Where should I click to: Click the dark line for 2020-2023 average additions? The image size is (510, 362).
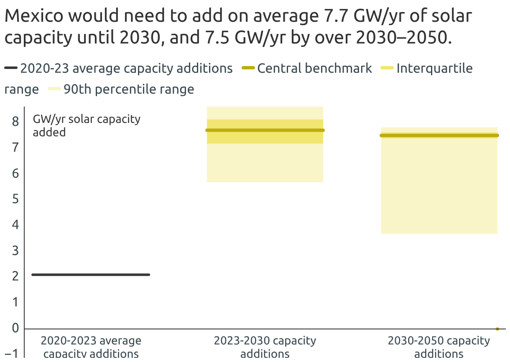(90, 275)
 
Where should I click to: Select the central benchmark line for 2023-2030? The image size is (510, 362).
(265, 130)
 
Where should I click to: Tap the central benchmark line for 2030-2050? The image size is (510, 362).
(439, 135)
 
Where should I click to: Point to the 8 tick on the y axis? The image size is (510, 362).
(15, 122)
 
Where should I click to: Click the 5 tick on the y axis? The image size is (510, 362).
(15, 199)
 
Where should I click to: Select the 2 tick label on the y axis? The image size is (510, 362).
(15, 276)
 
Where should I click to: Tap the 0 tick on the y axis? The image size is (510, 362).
(15, 328)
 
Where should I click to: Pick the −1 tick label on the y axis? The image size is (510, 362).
(13, 354)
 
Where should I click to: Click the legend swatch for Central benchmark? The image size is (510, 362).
(248, 68)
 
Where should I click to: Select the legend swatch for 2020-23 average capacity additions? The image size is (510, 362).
(11, 68)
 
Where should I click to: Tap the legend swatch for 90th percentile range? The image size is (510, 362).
(54, 89)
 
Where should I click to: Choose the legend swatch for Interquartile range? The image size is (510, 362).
(388, 68)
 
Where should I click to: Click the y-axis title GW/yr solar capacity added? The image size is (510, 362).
(86, 125)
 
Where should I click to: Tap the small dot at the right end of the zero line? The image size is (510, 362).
(497, 329)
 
